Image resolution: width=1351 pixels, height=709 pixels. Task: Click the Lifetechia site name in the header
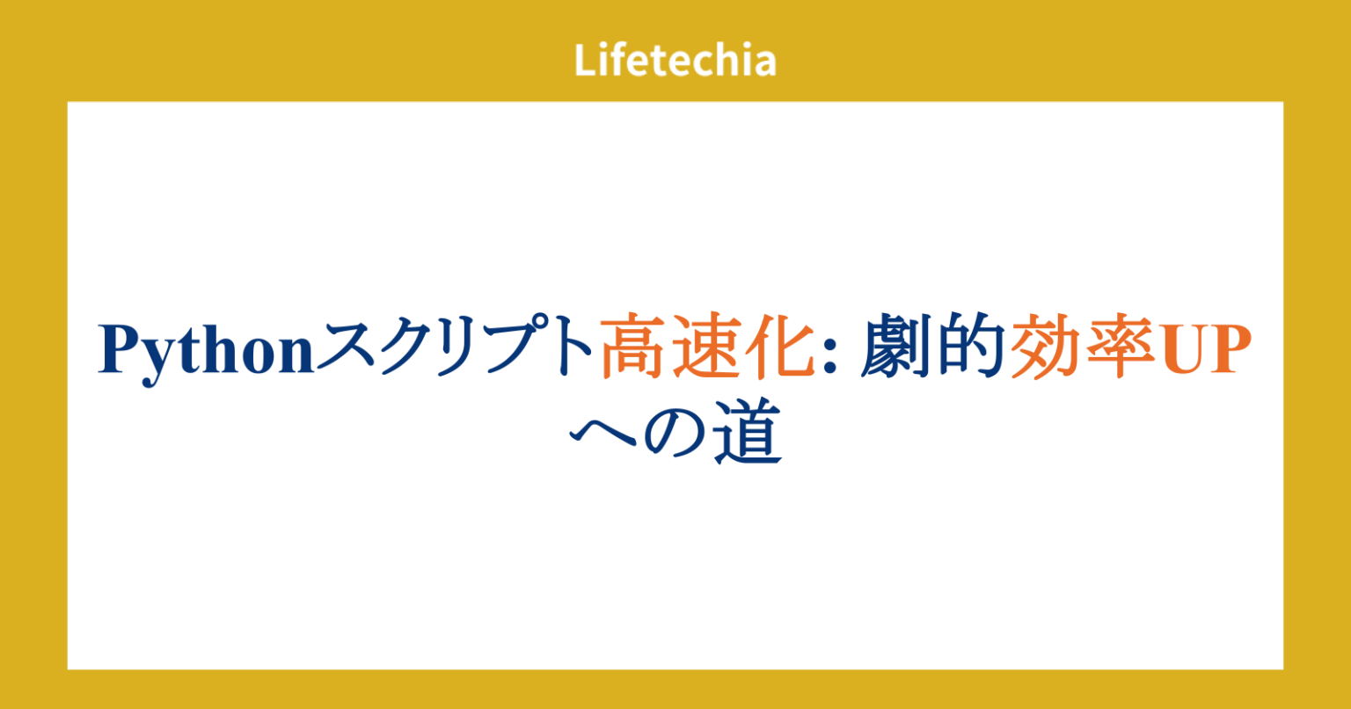click(x=675, y=61)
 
